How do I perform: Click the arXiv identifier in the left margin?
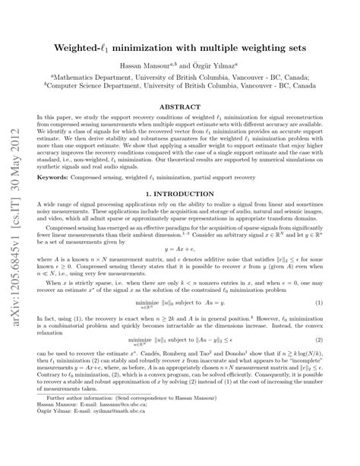pos(14,228)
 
